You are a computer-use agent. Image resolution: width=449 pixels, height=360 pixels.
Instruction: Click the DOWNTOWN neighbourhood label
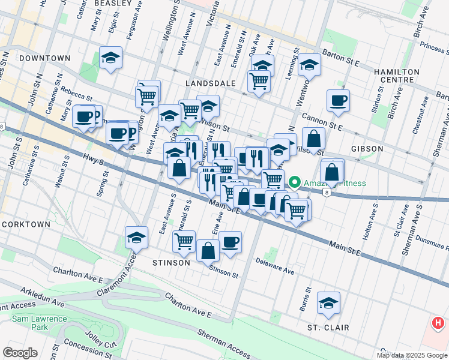tap(44, 58)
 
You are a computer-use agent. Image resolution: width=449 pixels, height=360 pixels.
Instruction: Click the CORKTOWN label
tap(26, 224)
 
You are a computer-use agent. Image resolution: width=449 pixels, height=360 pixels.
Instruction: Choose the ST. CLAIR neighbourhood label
tap(328, 328)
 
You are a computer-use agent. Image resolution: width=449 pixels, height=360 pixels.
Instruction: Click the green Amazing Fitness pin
tap(295, 182)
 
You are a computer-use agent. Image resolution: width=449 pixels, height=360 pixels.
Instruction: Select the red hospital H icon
tap(438, 323)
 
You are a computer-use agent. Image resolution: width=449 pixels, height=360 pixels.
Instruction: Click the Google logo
tap(20, 352)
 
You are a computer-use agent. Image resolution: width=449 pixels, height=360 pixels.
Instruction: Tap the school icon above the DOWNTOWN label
tap(110, 58)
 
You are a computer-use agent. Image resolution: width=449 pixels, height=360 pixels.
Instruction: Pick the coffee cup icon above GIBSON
tap(338, 100)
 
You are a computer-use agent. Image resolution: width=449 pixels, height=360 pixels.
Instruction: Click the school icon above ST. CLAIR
tap(328, 303)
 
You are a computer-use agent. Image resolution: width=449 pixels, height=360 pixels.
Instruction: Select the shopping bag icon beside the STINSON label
tap(208, 250)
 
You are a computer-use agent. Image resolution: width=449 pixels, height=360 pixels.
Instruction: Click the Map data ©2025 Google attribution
tap(412, 355)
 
